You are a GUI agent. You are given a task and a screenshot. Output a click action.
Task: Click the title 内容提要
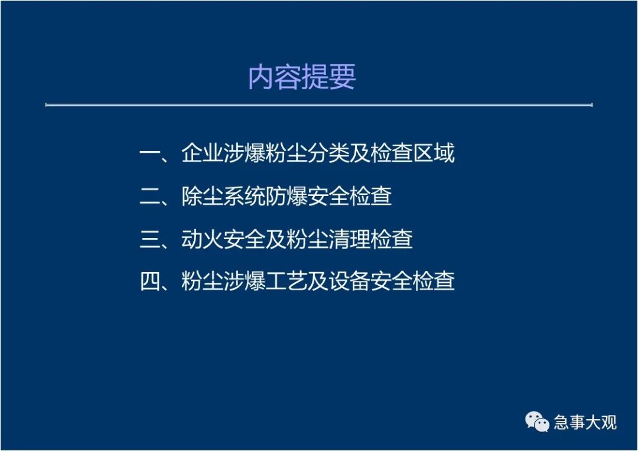302,77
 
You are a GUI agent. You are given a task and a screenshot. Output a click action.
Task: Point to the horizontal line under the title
318,105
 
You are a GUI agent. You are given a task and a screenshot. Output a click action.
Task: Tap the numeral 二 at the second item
150,197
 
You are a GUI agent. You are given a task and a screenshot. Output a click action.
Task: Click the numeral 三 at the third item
150,239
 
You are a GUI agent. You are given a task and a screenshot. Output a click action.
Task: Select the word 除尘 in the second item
202,196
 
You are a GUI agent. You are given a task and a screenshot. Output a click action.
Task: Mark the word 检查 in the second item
370,196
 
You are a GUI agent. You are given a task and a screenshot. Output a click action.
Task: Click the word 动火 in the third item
202,238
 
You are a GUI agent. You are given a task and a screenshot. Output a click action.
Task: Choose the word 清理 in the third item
349,238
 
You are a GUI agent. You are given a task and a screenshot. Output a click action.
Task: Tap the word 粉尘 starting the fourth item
202,281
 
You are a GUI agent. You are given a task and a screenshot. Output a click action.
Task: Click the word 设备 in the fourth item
349,281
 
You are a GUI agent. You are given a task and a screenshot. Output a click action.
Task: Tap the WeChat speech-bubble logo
537,421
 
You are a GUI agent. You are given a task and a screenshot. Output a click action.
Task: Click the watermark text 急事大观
585,422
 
